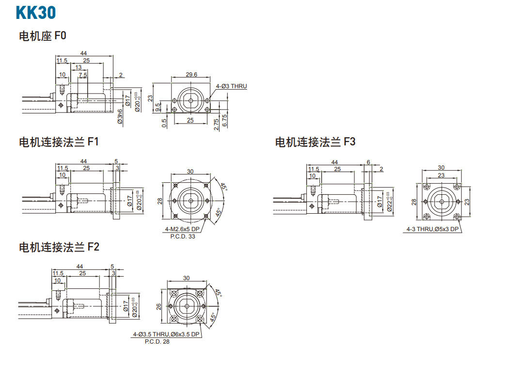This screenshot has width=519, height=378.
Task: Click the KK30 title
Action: tap(36, 13)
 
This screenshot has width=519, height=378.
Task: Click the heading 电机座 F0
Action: tap(42, 36)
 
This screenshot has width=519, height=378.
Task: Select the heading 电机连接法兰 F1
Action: tap(59, 142)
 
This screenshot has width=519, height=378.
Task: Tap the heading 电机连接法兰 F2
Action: tap(59, 247)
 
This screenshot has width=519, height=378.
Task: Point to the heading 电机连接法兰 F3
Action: tap(315, 142)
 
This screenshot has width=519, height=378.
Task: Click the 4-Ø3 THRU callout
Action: tap(231, 86)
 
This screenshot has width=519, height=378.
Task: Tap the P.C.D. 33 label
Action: tap(183, 236)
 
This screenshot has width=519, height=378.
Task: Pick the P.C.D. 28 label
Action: tap(157, 342)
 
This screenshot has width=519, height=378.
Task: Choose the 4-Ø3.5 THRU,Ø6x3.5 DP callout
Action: tap(166, 334)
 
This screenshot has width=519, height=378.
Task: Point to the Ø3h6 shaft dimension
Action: tap(120, 117)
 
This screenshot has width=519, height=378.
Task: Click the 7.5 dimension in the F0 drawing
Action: tap(83, 75)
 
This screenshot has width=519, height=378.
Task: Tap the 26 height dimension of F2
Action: tap(159, 307)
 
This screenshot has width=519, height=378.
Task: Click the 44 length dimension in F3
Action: tap(335, 162)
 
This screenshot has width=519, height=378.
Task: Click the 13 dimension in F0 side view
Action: tap(78, 68)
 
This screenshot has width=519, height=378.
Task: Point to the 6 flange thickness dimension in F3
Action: tap(368, 162)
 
